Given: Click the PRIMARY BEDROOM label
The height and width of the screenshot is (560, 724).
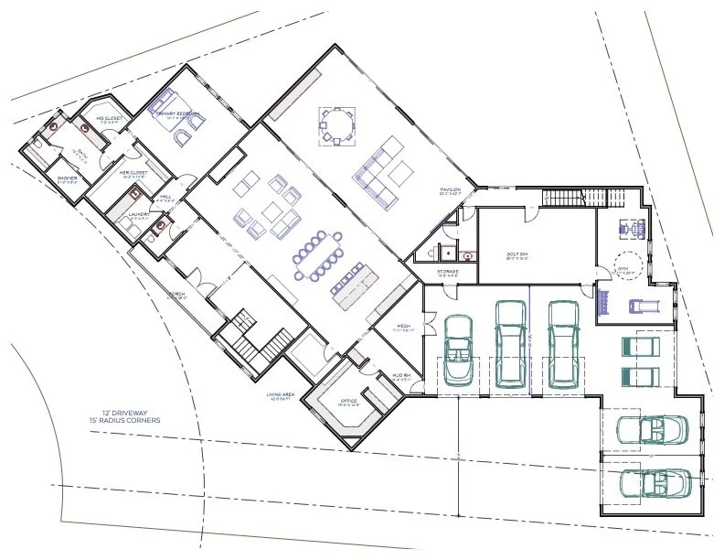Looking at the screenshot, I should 177,114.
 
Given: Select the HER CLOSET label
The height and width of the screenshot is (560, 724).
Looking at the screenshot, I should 134,172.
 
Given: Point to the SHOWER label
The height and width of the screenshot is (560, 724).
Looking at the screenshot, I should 68,178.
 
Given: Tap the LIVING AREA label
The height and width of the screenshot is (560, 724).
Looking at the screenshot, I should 279,397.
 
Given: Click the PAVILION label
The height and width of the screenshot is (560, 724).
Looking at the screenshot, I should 452,189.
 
